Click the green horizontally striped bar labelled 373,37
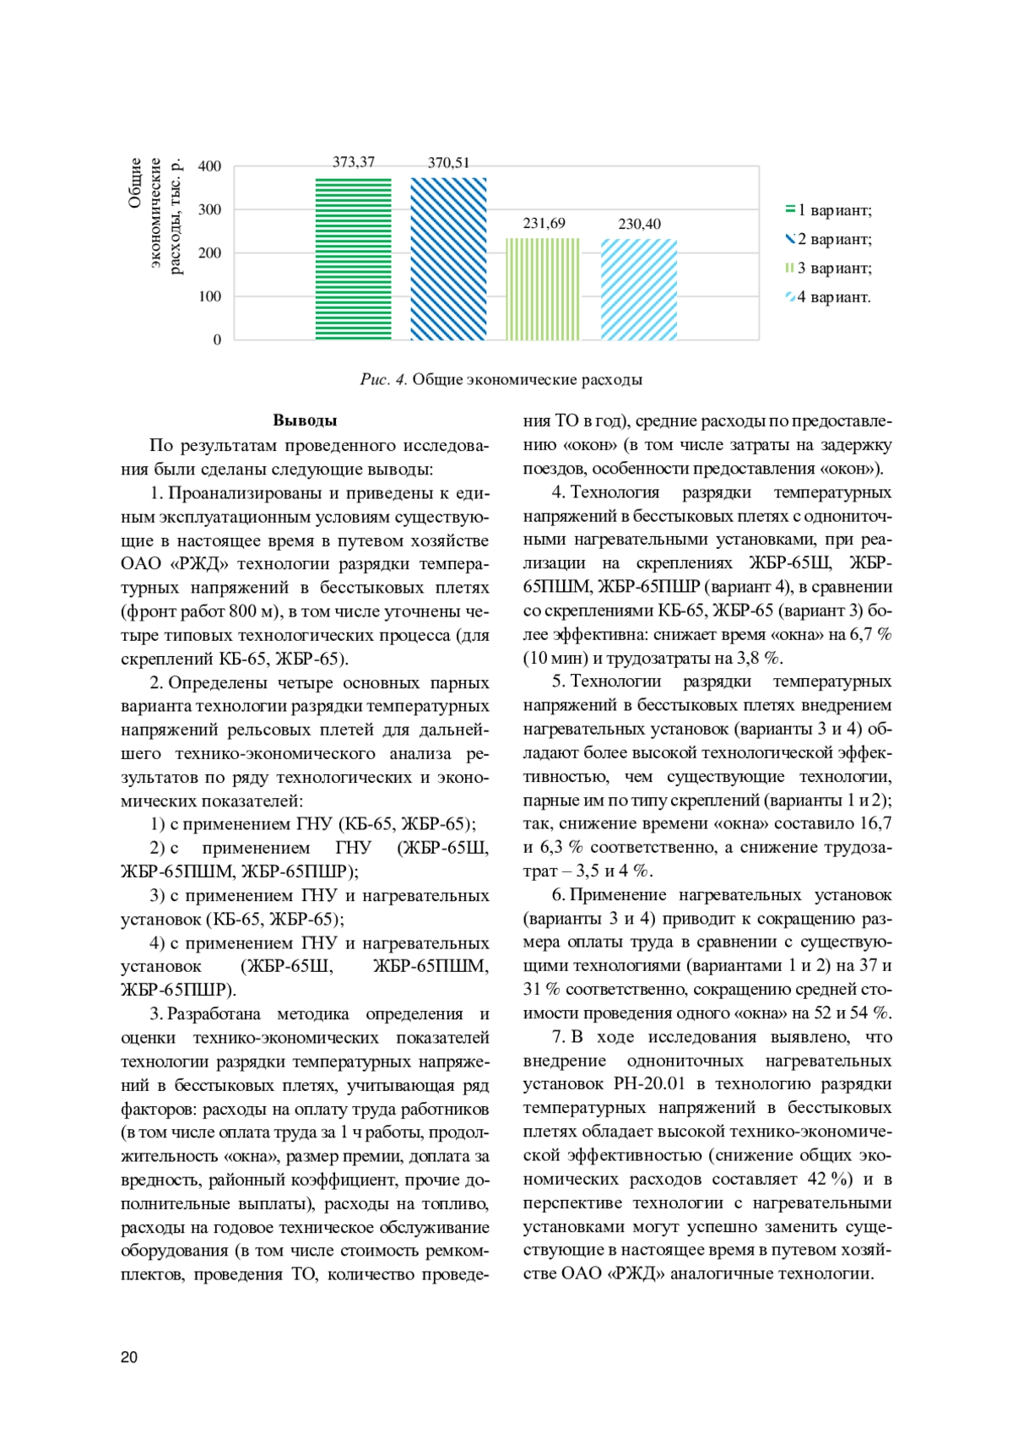point(353,258)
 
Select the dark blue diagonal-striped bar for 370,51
point(448,258)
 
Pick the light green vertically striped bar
point(543,289)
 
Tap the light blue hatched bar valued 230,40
point(639,289)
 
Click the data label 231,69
point(544,224)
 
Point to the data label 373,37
point(353,162)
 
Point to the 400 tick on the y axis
point(209,166)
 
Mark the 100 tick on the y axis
point(209,296)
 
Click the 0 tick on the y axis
point(217,340)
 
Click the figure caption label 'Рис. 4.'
point(384,380)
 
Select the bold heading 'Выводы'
point(305,421)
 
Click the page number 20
point(129,1358)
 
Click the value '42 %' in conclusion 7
point(829,1179)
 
